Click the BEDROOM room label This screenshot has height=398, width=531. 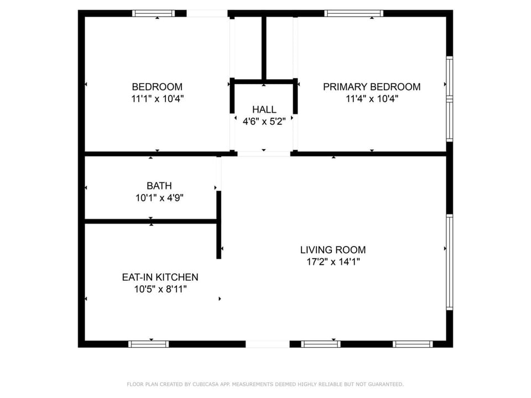click(157, 87)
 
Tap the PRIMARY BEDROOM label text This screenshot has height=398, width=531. click(372, 87)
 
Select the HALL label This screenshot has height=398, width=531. click(264, 109)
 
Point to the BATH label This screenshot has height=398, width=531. click(159, 186)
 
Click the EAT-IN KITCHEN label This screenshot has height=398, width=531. click(160, 277)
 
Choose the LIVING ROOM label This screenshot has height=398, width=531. click(333, 250)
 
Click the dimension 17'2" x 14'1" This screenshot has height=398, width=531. click(333, 262)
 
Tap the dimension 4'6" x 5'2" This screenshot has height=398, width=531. click(264, 122)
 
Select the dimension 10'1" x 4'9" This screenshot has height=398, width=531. click(159, 198)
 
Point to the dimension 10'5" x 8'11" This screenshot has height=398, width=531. click(160, 289)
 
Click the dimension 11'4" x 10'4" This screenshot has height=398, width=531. click(372, 99)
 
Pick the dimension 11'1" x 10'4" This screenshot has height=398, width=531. click(158, 99)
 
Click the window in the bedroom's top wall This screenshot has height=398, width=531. click(153, 13)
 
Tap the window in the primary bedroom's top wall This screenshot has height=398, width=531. click(353, 13)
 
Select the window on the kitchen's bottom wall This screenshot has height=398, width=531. click(148, 344)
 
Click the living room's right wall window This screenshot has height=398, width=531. click(449, 262)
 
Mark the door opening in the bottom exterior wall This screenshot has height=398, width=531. click(268, 344)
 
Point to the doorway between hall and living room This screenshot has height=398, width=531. click(264, 154)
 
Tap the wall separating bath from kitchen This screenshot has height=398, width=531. click(150, 221)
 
